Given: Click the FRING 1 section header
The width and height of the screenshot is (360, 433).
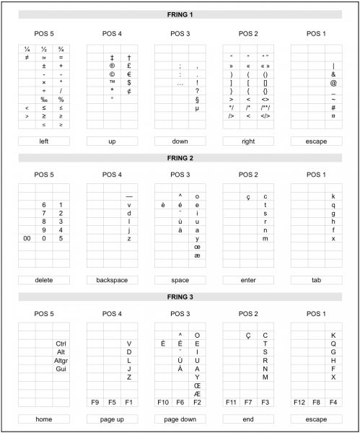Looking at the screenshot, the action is coord(180,14).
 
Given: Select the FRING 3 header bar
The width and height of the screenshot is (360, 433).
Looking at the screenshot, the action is coord(180,296).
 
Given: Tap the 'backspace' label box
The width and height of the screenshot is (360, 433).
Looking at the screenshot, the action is coord(112,279).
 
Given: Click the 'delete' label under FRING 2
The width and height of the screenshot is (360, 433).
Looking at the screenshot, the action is coord(44,279).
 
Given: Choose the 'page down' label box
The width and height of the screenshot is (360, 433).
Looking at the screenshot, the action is coord(180,418).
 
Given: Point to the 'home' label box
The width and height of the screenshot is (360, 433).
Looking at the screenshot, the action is coord(44,418).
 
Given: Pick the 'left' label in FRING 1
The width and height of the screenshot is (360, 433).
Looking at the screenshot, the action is coord(44,141).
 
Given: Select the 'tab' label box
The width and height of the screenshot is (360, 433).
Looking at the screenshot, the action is coord(315,279).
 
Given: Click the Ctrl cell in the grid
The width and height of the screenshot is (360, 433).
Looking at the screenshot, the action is coord(61,344).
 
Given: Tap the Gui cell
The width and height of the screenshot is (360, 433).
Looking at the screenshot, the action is coord(61,369).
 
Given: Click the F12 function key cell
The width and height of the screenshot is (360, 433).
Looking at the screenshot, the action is coord(299,401).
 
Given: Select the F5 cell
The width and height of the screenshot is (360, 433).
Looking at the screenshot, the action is coord(112,401).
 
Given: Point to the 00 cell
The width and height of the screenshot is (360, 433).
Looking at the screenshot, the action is coord(27,238).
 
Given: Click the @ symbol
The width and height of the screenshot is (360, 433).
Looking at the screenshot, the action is coord(333,82).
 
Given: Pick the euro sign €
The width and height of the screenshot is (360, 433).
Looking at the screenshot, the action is coord(128,74).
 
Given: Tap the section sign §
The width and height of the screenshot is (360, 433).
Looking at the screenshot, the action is coord(197,99).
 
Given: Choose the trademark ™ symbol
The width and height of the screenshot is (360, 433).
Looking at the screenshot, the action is coord(112,82).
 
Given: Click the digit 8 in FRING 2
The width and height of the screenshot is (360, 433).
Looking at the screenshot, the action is coord(44,222).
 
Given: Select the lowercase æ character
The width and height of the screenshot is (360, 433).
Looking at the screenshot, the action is coord(197,255).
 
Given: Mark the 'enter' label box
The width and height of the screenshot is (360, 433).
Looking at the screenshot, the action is coord(247,279).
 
